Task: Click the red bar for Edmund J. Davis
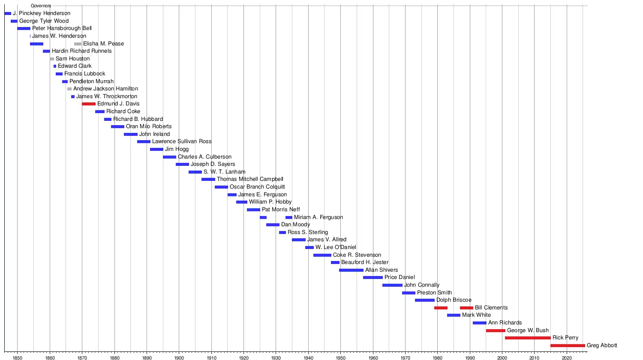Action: pos(89,104)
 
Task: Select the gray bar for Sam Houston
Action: pos(52,59)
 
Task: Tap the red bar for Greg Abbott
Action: pos(568,345)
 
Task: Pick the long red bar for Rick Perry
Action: pos(528,338)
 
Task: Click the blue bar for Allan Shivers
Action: pos(351,270)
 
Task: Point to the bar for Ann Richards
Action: pos(480,323)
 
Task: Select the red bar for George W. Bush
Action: pos(496,331)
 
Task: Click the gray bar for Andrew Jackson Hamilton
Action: pos(69,89)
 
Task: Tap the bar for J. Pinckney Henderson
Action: pos(8,14)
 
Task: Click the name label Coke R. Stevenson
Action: pos(357,255)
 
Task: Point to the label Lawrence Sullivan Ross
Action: pos(182,141)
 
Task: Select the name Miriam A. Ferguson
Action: pos(318,217)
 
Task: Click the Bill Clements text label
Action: pos(491,308)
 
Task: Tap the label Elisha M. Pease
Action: pos(103,44)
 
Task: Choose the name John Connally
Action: pos(422,285)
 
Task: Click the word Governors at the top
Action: pos(41,6)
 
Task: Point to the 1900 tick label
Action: pos(179,357)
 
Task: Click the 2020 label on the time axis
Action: pos(567,357)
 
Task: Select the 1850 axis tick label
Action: pos(18,357)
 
